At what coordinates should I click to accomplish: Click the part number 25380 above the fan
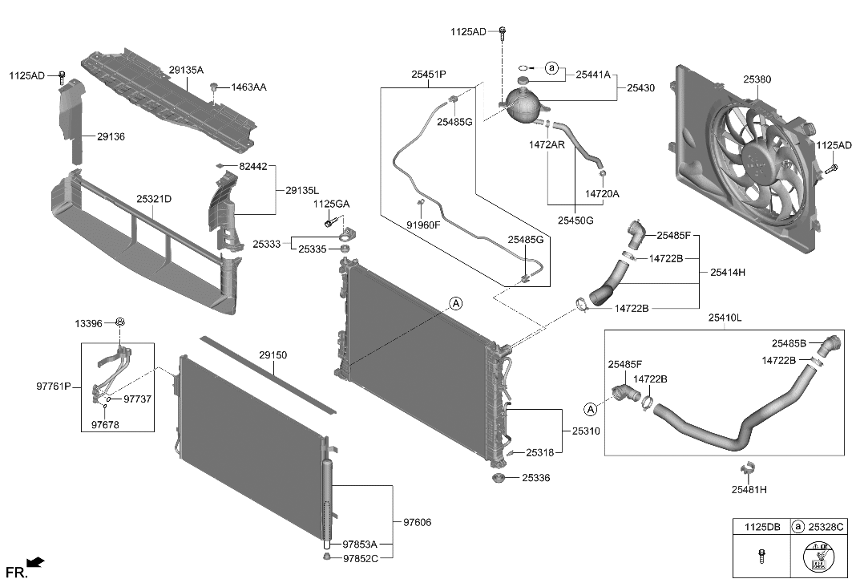pyautogui.click(x=756, y=80)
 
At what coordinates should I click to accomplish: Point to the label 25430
pyautogui.click(x=640, y=87)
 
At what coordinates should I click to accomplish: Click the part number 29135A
pyautogui.click(x=186, y=71)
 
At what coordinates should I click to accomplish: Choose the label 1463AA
pyautogui.click(x=251, y=87)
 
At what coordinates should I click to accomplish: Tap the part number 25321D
pyautogui.click(x=153, y=198)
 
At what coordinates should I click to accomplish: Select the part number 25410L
pyautogui.click(x=724, y=318)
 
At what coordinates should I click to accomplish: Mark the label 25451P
pyautogui.click(x=429, y=75)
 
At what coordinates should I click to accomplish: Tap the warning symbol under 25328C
pyautogui.click(x=818, y=555)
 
